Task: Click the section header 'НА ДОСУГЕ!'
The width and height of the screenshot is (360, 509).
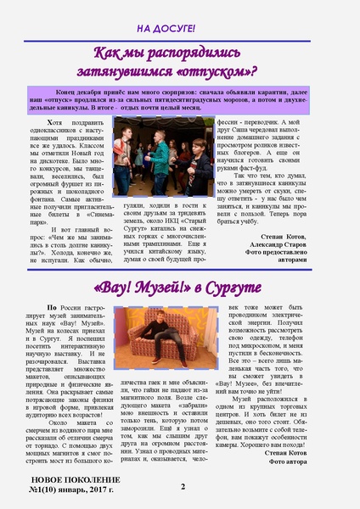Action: [179, 28]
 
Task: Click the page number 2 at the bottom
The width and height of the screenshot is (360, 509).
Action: [182, 486]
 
